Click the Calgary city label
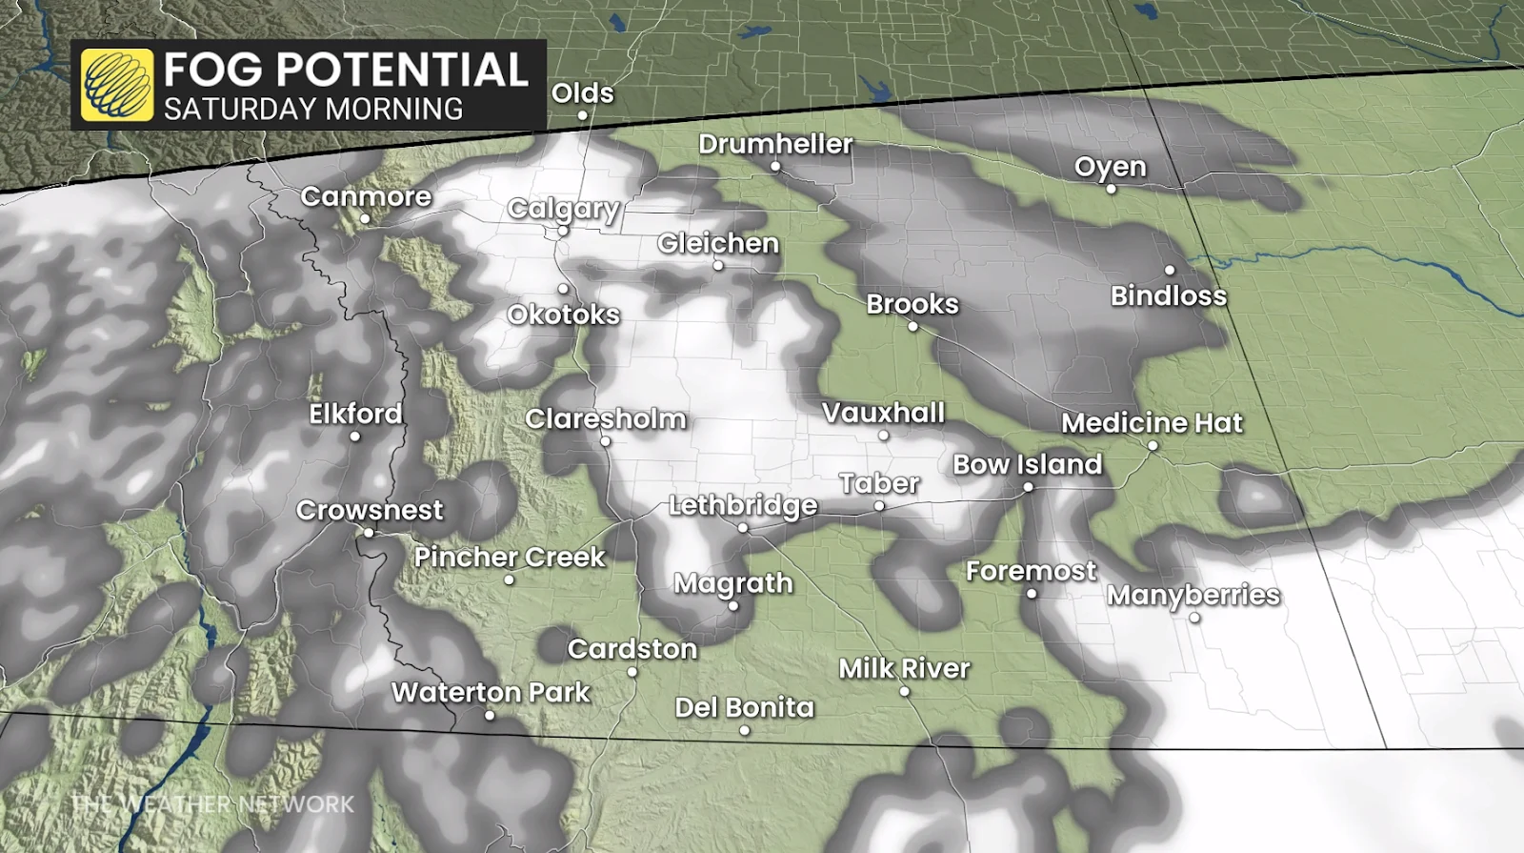(x=563, y=209)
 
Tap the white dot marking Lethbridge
(x=743, y=527)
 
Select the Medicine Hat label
(x=1152, y=422)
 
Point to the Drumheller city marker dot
(x=775, y=167)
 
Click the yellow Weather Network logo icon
(x=117, y=86)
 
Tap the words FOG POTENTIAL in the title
(x=345, y=70)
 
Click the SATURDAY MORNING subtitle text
(x=312, y=109)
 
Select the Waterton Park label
(x=491, y=692)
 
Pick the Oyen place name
(x=1110, y=167)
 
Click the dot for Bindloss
(x=1170, y=271)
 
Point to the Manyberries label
(x=1193, y=595)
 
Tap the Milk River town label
(x=904, y=668)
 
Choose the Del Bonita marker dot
(x=745, y=731)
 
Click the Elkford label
(x=355, y=414)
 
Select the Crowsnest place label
(x=370, y=510)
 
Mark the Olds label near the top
(x=582, y=93)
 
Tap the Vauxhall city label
(x=883, y=413)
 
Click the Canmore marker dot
(x=365, y=219)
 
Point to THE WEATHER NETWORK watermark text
(x=212, y=803)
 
